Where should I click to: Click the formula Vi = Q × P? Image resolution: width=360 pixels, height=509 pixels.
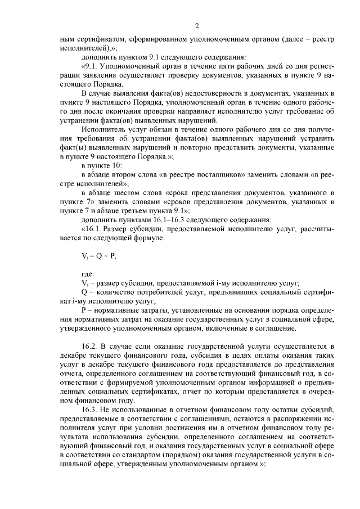(x=98, y=255)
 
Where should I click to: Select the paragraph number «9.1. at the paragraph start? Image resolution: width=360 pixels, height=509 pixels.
(x=91, y=66)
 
